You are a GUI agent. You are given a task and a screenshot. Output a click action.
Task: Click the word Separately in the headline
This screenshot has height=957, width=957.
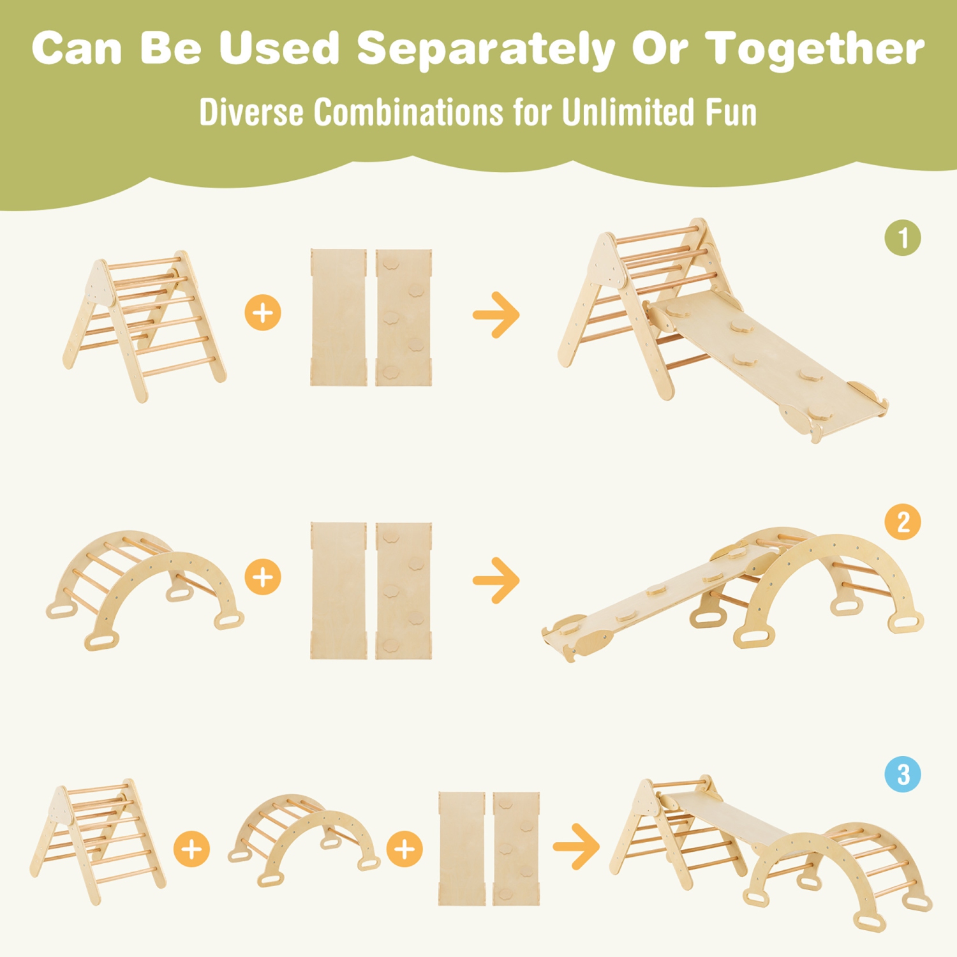485,50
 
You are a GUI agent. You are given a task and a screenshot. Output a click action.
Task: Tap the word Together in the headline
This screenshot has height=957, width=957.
814,48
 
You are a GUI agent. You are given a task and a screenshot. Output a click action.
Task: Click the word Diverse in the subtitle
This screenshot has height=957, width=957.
251,112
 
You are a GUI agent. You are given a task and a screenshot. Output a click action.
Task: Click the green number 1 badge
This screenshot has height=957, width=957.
902,238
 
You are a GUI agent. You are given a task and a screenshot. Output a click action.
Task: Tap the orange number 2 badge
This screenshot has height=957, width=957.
902,522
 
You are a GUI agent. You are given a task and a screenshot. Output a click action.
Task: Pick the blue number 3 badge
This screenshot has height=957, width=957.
902,774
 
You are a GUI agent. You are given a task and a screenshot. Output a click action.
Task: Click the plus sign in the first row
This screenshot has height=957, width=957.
263,313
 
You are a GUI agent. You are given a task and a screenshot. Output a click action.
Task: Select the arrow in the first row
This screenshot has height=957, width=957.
496,315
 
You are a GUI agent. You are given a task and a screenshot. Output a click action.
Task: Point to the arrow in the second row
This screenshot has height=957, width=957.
496,580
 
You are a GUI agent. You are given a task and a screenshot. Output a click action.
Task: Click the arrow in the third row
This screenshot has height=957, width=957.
576,847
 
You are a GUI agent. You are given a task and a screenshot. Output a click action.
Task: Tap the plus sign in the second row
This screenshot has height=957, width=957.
263,577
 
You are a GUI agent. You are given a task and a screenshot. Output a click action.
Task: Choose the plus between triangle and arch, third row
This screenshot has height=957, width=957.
191,849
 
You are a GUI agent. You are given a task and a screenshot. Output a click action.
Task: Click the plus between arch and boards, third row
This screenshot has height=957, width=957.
404,849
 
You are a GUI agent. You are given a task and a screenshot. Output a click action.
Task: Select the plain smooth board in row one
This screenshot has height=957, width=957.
338,317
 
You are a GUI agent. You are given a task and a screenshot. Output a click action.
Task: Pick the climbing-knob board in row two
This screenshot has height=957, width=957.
403,590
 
